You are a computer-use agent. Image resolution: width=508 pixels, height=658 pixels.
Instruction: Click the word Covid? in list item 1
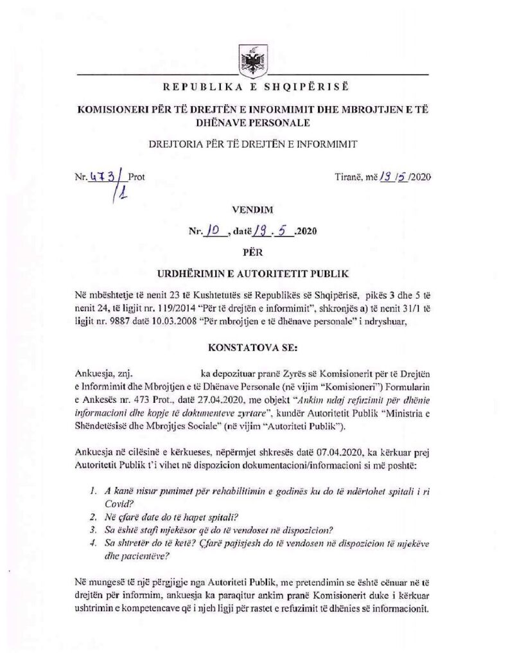coord(116,504)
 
